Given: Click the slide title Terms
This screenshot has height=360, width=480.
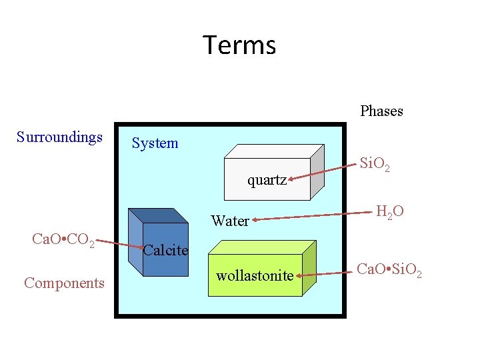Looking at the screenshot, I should [239, 45].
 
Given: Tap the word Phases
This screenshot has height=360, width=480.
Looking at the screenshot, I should [381, 111].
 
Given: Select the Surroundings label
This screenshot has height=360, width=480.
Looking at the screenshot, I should [59, 137].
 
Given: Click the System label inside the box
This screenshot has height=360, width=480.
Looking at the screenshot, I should [155, 143].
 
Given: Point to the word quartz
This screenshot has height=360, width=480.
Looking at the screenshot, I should [267, 179].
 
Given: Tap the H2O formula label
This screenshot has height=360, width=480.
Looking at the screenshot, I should [389, 213].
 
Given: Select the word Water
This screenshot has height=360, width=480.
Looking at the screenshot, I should [230, 221].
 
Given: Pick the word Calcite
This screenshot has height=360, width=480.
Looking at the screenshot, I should [166, 251].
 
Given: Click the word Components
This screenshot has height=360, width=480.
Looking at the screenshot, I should [64, 283].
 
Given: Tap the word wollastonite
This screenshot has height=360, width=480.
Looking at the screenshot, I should [255, 275].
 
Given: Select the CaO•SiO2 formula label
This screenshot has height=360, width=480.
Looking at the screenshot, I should [388, 271].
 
